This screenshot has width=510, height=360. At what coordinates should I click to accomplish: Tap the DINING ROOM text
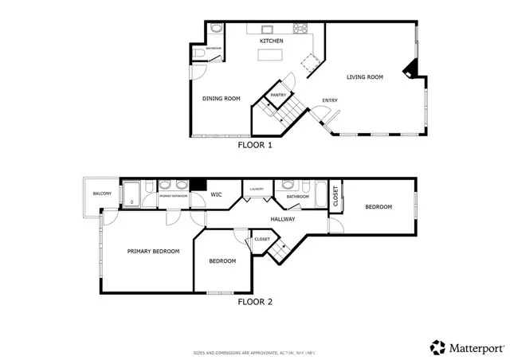coord(221,99)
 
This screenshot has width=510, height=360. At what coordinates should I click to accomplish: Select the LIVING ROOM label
coord(365,77)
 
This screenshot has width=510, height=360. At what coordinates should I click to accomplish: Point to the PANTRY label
coord(278,95)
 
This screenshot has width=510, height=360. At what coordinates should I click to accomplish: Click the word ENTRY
coord(328,100)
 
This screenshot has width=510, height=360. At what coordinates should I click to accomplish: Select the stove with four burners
coord(302,30)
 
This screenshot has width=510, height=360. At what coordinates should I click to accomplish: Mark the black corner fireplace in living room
coord(409,70)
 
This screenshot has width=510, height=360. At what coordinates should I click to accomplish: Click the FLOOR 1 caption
coord(255,146)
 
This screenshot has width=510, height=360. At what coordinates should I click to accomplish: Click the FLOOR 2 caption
coord(255,302)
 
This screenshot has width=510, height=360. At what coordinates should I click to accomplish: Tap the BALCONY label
coord(101,194)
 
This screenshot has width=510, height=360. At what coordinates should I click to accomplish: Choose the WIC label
coord(216,194)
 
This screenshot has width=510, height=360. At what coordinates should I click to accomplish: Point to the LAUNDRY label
coord(257,189)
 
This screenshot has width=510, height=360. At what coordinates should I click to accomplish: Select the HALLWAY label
coord(283,219)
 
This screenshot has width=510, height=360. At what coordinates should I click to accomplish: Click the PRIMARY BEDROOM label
coord(153,251)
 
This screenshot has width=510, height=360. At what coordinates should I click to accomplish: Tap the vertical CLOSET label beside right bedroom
coord(335,197)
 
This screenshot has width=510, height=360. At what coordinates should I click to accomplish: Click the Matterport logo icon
coord(437,347)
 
